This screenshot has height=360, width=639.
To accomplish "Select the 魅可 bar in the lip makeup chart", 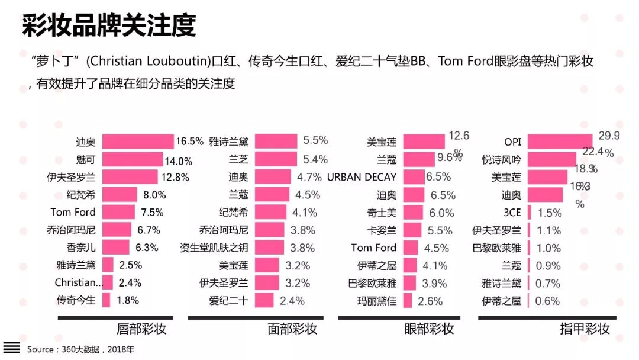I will tap(132, 159).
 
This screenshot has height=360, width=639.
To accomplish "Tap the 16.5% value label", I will tap(189, 142).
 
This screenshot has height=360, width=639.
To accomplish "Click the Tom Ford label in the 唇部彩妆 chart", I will tap(73, 212).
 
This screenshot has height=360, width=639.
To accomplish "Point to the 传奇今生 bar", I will tap(106, 300).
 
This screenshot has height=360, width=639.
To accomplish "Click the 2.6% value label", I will tap(430, 301).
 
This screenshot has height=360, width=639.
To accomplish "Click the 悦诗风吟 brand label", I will tap(502, 159).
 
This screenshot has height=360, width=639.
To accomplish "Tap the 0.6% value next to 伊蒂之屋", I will tap(548, 301).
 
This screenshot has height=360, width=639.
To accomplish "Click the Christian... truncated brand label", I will tap(75, 282).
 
